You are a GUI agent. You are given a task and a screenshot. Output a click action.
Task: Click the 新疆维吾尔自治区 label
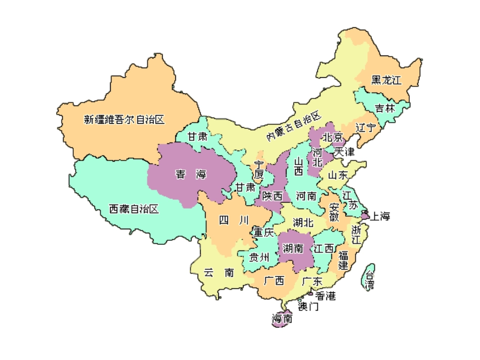(x=124, y=120)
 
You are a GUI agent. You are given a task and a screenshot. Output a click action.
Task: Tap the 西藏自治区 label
(x=134, y=209)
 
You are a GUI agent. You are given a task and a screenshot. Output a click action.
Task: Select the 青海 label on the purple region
(x=191, y=175)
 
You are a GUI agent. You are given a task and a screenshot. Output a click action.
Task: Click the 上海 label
(x=380, y=217)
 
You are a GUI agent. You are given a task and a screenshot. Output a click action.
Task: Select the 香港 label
(x=325, y=296)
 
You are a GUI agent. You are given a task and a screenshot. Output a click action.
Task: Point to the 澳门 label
(x=308, y=306)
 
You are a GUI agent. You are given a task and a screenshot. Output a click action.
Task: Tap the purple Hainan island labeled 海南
(x=282, y=319)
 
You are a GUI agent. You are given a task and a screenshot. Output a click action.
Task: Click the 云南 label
(x=219, y=273)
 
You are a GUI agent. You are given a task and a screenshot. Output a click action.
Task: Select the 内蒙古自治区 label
(x=294, y=126)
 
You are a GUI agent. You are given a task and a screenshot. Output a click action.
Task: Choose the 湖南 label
(x=293, y=248)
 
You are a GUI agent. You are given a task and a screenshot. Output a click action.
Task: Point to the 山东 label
(x=338, y=175)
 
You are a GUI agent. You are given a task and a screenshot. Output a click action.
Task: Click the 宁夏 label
(x=259, y=170)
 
